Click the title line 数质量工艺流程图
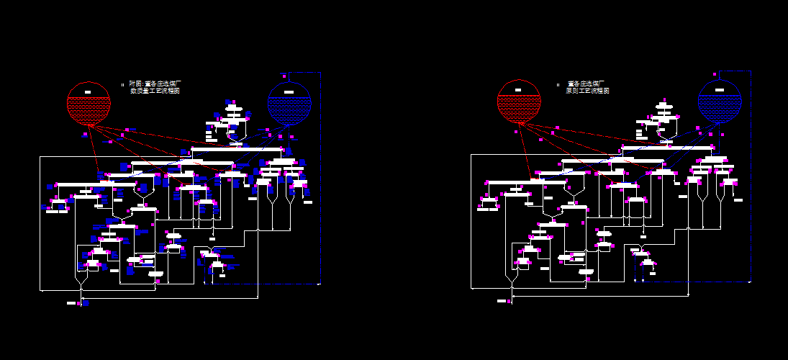click(x=155, y=91)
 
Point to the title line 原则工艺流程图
click(x=587, y=91)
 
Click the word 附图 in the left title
click(x=135, y=84)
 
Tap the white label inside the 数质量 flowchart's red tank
click(x=87, y=91)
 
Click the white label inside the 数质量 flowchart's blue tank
click(x=289, y=91)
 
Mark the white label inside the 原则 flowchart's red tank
click(x=517, y=91)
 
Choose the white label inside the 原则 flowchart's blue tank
click(x=719, y=91)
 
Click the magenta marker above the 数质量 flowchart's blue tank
click(x=285, y=74)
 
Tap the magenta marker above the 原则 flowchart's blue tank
click(x=714, y=73)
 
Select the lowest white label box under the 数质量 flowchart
click(x=71, y=303)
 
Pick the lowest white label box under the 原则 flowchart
click(x=502, y=301)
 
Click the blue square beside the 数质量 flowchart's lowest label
click(x=86, y=303)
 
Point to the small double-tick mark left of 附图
click(x=123, y=84)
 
